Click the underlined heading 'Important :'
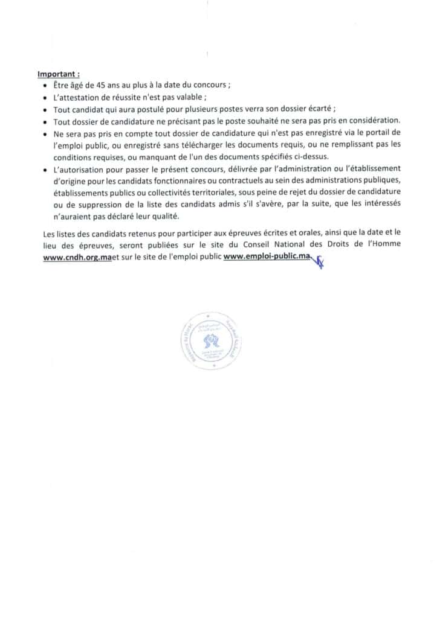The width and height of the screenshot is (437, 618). point(59,75)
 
